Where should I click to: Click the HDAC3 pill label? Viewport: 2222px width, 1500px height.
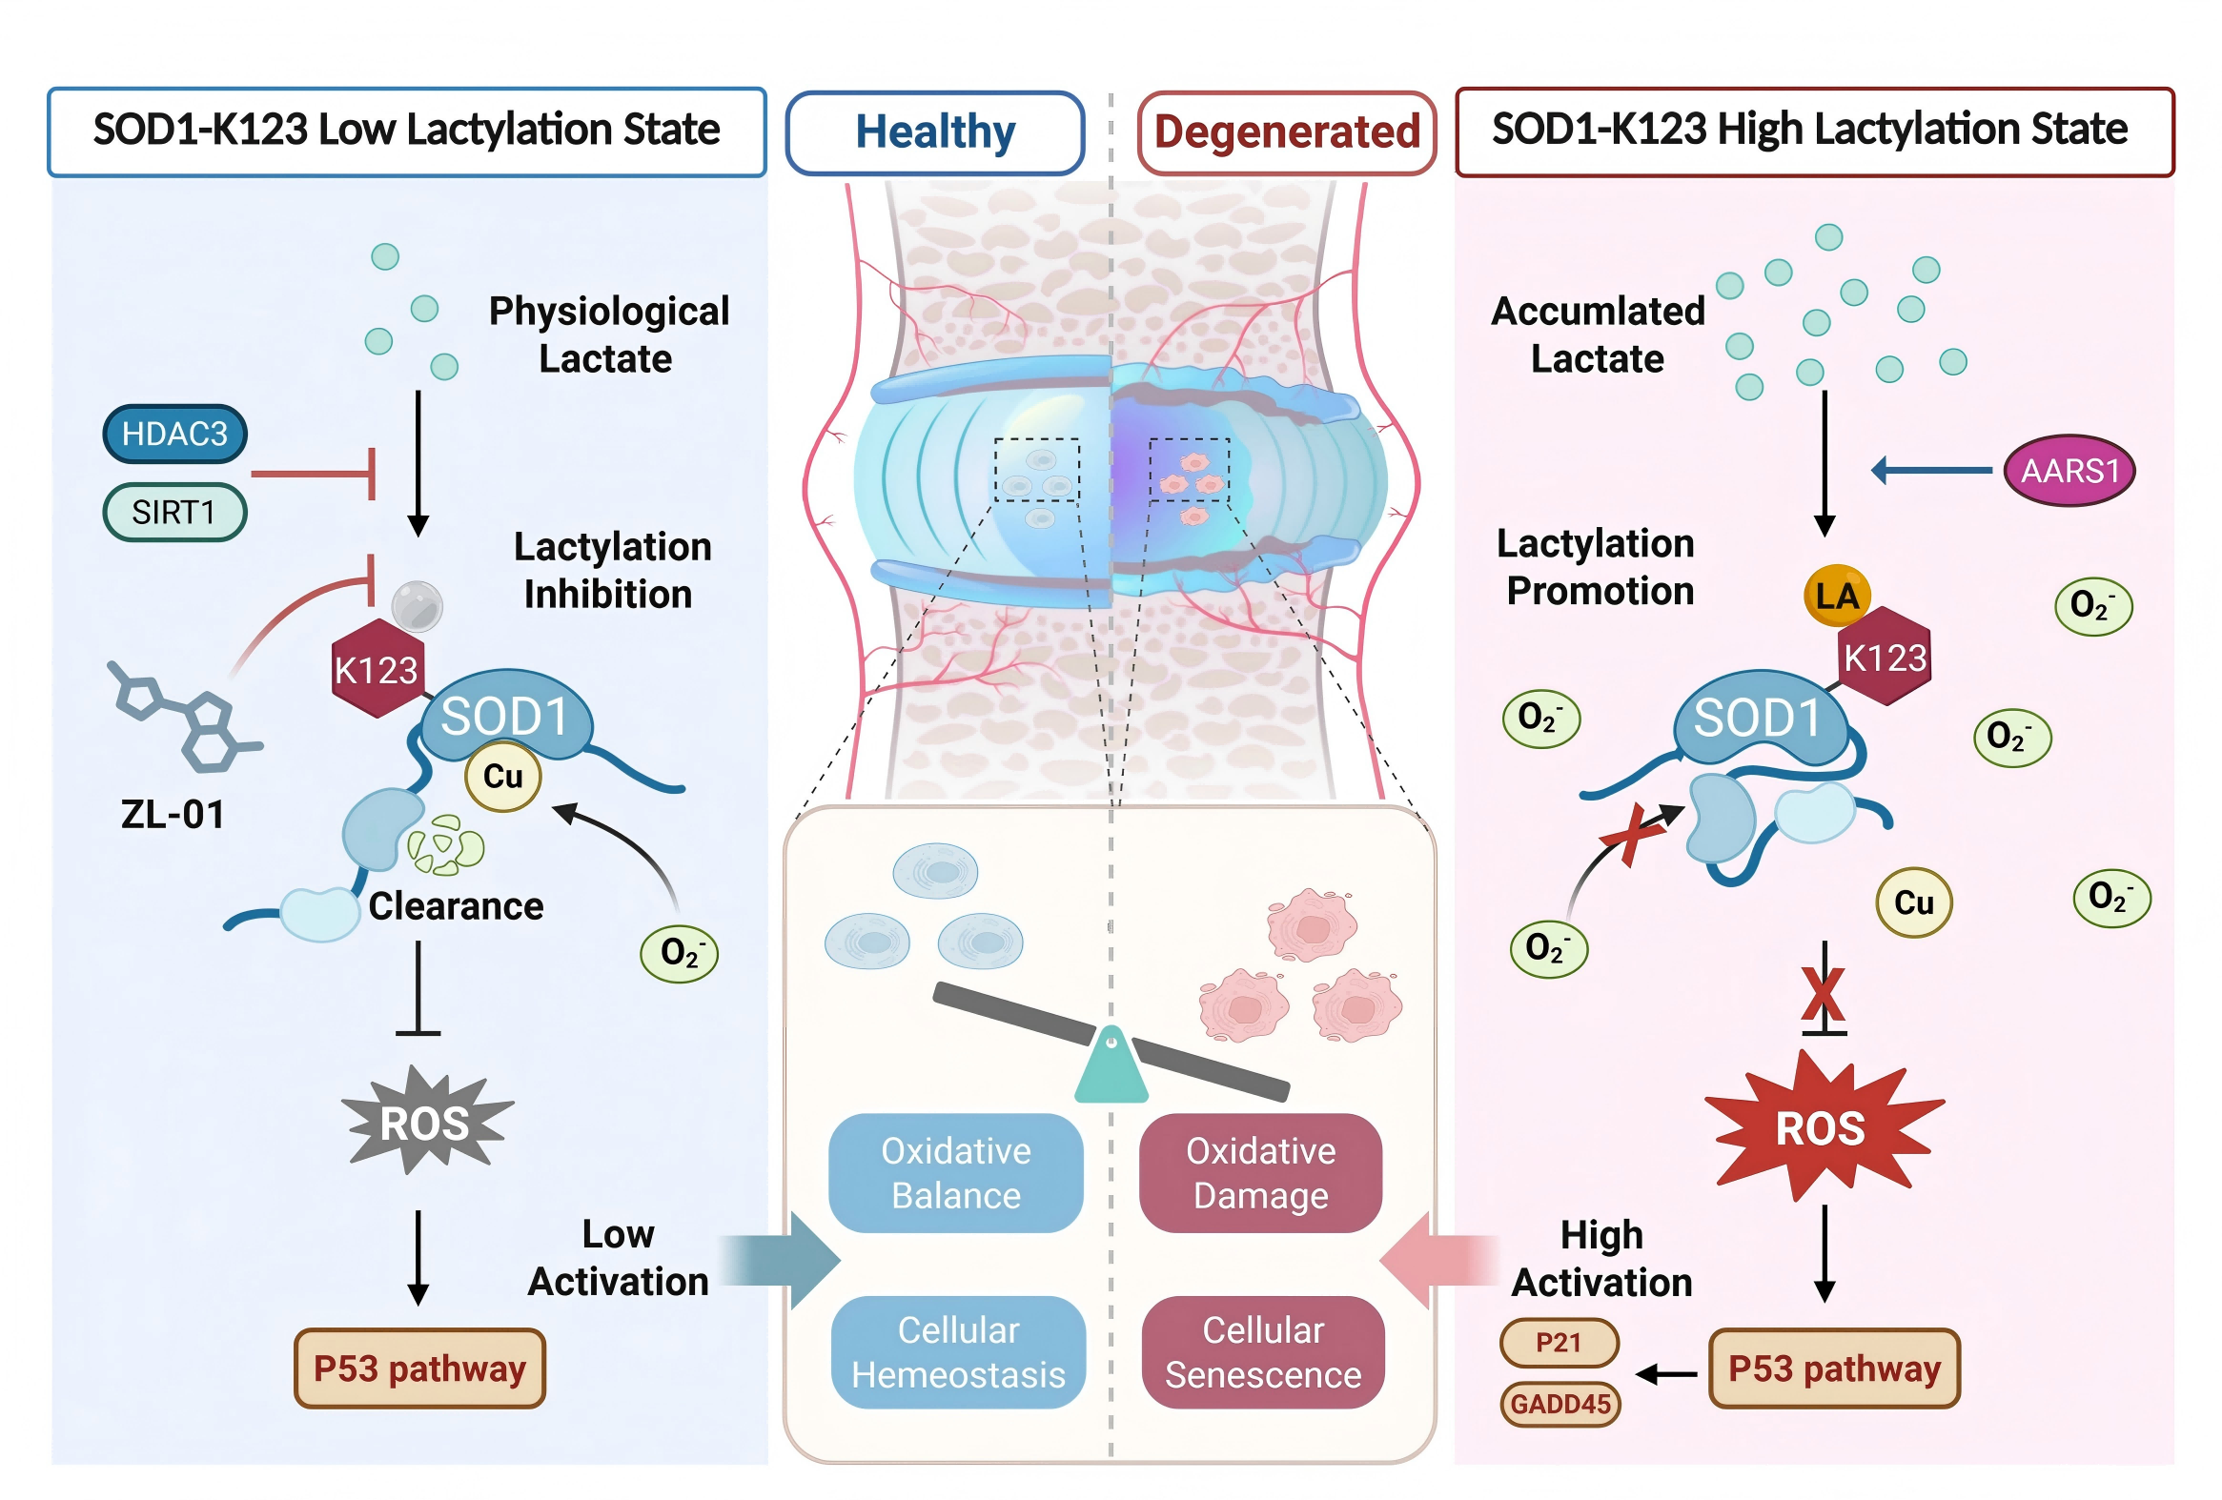point(175,434)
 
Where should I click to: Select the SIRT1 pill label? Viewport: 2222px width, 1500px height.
point(174,513)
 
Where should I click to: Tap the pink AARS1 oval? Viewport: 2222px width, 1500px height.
point(2069,471)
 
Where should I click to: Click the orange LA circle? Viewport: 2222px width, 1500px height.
point(1836,596)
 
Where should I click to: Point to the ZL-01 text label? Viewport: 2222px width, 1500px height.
point(173,815)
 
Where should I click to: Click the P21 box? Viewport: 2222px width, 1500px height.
point(1559,1342)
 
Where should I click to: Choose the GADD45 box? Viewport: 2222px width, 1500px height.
point(1560,1404)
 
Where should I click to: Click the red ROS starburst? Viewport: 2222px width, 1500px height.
point(1822,1128)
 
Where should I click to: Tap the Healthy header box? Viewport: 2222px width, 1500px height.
point(935,132)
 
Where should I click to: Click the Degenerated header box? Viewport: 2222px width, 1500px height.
point(1286,132)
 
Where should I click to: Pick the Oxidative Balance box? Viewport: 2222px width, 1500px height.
point(955,1173)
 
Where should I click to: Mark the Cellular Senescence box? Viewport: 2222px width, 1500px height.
point(1262,1352)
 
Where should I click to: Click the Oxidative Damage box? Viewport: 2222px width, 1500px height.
point(1260,1173)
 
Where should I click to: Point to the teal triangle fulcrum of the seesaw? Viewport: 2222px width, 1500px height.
point(1111,1069)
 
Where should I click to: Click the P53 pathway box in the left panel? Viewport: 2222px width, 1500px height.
point(419,1368)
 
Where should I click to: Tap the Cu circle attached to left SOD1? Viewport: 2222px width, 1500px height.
point(503,777)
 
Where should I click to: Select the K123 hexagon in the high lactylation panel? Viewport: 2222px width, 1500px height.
point(1885,658)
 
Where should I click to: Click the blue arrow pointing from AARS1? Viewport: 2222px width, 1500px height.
point(1931,471)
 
